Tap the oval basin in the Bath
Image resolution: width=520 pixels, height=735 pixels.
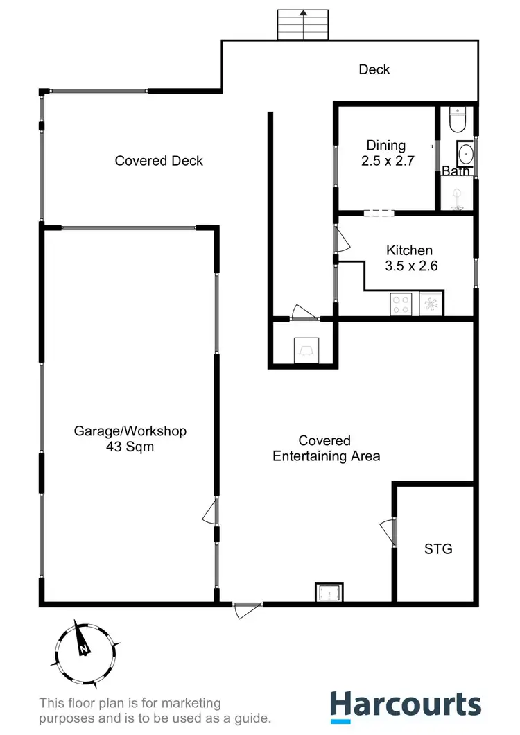[465, 153]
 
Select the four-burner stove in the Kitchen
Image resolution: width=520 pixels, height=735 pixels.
[401, 304]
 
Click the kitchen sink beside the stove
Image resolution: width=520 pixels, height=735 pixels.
[431, 304]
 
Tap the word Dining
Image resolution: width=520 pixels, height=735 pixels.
[386, 146]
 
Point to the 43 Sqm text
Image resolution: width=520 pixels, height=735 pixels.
[130, 447]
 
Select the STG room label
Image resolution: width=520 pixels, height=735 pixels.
[438, 549]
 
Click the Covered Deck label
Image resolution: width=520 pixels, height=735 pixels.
[159, 161]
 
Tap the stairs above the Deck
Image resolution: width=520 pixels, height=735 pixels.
[302, 25]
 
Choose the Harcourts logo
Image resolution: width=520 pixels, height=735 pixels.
[405, 705]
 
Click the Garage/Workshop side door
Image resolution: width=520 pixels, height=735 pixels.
[211, 512]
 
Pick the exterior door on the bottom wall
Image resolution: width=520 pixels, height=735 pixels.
[246, 608]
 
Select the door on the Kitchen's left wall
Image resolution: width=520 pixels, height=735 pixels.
[341, 239]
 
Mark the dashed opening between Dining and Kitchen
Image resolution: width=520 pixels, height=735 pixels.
[379, 213]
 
